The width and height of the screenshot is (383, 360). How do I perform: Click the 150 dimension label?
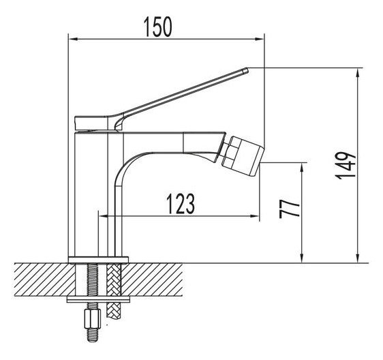pos(157,27)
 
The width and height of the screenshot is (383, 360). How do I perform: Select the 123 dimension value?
pos(181,204)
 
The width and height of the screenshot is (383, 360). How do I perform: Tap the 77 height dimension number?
pos(290,209)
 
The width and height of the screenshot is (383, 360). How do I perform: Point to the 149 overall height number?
pos(345,166)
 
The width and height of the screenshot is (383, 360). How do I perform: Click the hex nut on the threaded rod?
pos(93,319)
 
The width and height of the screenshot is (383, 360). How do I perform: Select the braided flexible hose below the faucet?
pos(114,291)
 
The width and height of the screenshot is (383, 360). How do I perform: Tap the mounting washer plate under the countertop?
pos(98,299)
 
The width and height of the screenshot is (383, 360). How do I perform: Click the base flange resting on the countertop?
pos(98,260)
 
